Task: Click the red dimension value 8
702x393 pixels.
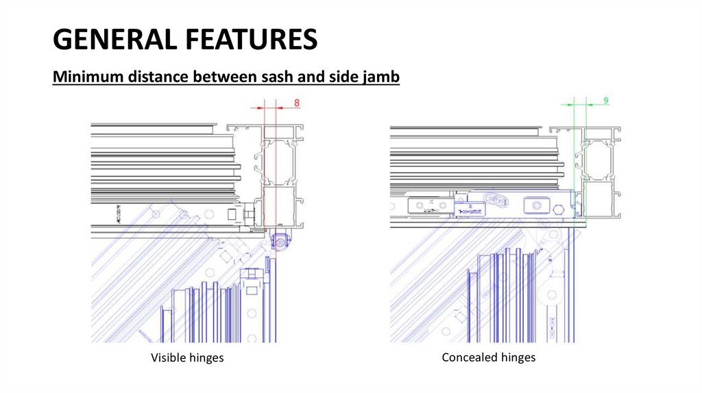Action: click(297, 103)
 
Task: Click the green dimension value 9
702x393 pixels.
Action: click(605, 101)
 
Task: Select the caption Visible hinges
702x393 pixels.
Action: click(187, 358)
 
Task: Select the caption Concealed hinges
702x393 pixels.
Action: click(489, 357)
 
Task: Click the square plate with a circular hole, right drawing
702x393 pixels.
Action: click(536, 205)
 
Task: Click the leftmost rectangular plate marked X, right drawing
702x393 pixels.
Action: click(428, 205)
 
